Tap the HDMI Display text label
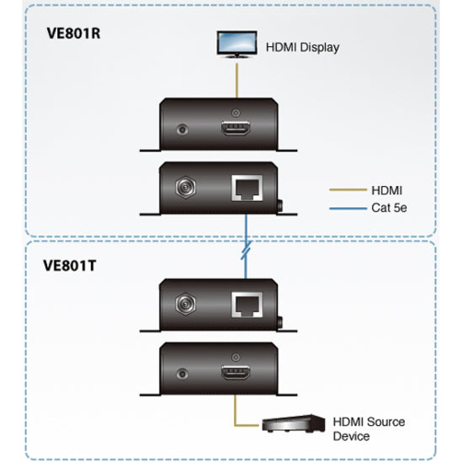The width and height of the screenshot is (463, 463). tap(302, 47)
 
